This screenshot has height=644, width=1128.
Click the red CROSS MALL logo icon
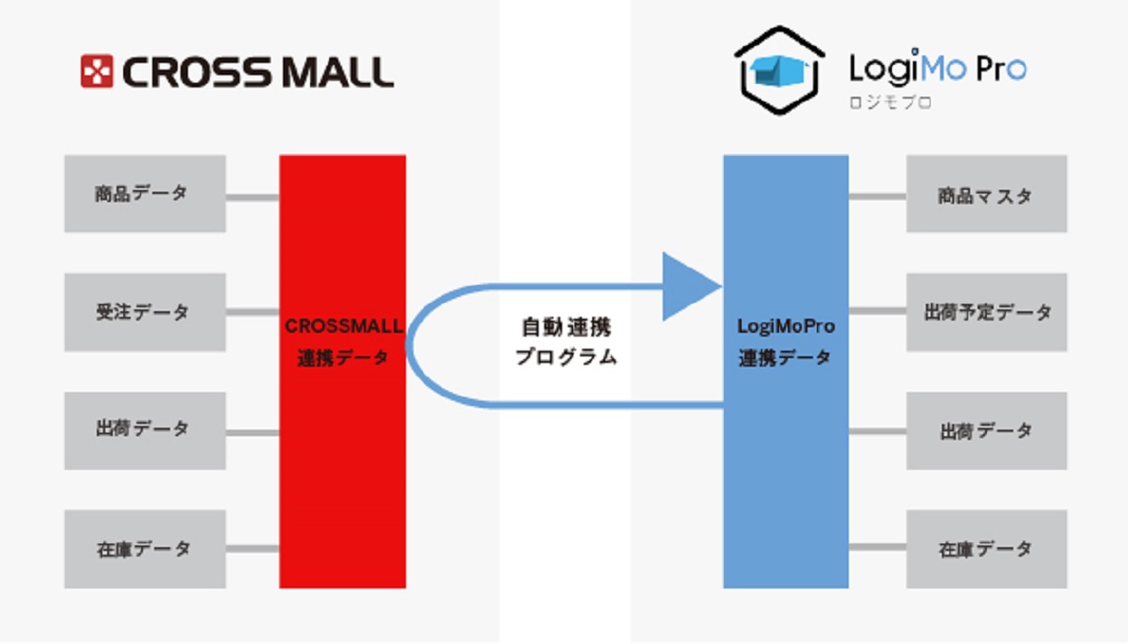pos(97,71)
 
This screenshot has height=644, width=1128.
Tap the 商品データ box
pos(145,194)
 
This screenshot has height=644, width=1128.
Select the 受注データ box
pos(145,312)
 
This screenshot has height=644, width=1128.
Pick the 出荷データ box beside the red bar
pos(145,431)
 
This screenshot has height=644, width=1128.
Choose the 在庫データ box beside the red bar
pos(145,549)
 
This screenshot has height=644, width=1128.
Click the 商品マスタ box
pos(986,195)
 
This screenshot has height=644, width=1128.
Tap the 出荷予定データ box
pos(986,312)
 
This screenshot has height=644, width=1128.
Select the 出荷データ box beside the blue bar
pos(986,431)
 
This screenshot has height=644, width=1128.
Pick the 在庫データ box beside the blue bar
pos(986,549)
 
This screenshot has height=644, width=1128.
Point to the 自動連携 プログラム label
pos(566,342)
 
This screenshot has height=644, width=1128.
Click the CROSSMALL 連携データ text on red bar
pos(343,342)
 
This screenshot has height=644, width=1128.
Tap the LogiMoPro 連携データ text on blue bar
pos(786,342)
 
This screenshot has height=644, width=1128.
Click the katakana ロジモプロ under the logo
pos(890,103)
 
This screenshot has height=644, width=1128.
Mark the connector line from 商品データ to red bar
pos(252,197)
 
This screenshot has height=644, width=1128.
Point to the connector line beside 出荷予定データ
pos(877,313)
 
